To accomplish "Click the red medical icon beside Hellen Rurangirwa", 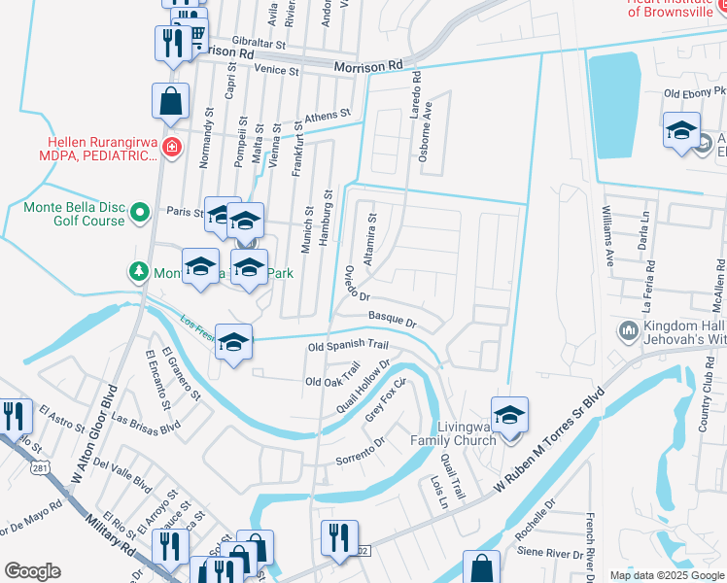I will (172, 147).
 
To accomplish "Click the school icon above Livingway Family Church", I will (509, 414).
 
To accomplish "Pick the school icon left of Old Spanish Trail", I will (233, 341).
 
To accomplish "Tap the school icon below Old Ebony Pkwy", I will (681, 129).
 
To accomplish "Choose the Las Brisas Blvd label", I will (146, 424).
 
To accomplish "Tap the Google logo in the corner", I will (33, 570).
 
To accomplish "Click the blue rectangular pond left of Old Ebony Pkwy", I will (614, 103).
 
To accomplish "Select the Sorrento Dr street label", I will (361, 452).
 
